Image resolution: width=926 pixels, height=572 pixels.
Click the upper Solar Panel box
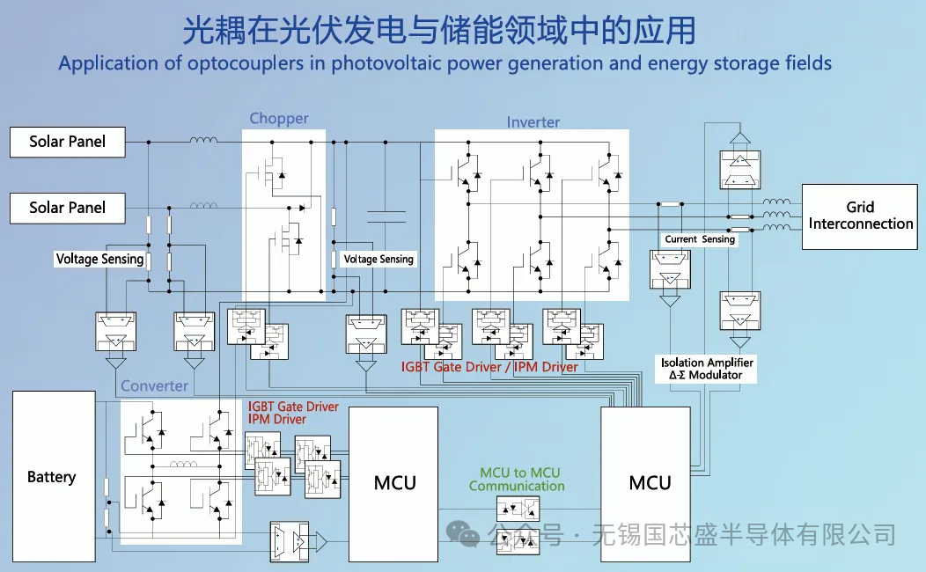(67, 142)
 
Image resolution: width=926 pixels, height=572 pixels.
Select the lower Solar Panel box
(67, 208)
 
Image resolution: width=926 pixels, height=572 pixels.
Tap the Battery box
(52, 477)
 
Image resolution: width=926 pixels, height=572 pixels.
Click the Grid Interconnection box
(860, 216)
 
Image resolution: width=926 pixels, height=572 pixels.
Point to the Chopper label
(279, 119)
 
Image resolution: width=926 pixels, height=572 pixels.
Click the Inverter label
(533, 122)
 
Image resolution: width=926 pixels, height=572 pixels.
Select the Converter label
(154, 386)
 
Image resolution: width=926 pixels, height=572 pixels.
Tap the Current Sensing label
(700, 239)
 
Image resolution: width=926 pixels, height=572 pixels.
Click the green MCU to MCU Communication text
(517, 480)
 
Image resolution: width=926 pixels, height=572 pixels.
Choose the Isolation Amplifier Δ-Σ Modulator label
(707, 369)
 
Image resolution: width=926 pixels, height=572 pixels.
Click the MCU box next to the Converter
(394, 482)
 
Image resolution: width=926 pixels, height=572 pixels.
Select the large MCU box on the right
(650, 482)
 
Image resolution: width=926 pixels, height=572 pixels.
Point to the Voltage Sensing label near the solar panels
(99, 259)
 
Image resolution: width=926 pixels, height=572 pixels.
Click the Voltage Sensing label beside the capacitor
(378, 260)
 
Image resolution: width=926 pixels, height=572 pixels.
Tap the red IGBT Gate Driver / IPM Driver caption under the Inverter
(489, 367)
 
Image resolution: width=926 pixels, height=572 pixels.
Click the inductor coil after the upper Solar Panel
(204, 140)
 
